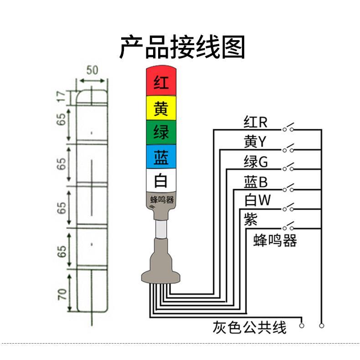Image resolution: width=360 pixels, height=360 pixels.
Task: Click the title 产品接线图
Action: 182,47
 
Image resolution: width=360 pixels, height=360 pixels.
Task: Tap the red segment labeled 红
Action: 161,82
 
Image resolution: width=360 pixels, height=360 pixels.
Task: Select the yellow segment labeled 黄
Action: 161,108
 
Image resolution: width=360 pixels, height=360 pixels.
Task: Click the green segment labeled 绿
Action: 161,133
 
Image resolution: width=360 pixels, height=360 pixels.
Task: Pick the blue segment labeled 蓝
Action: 161,157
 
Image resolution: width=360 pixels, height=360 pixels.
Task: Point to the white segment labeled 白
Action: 161,181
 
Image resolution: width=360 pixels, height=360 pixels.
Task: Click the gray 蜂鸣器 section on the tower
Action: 162,200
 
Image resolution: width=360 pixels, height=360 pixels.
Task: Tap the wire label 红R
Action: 255,123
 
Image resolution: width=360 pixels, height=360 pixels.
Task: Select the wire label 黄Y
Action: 255,143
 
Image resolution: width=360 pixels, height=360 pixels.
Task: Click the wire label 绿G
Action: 256,162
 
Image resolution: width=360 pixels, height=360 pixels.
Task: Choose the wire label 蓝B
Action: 255,182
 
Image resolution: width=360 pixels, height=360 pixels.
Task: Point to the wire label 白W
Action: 257,200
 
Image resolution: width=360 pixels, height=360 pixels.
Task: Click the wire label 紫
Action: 251,219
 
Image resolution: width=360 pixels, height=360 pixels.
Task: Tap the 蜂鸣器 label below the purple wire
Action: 275,240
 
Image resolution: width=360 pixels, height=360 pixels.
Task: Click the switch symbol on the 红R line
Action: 288,128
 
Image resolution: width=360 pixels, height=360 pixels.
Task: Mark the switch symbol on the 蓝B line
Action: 288,188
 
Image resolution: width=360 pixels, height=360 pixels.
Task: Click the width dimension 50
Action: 93,70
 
